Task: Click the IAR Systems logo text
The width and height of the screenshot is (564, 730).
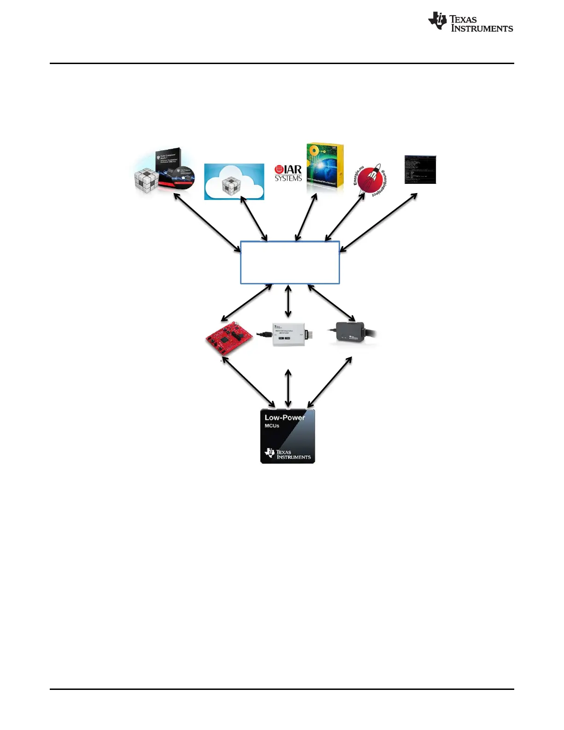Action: (x=288, y=173)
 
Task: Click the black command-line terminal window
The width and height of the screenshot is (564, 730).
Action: (x=420, y=170)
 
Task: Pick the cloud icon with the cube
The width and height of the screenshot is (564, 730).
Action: (x=234, y=182)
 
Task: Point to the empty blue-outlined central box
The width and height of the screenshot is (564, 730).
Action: (x=290, y=262)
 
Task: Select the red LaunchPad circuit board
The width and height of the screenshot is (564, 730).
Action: (x=229, y=339)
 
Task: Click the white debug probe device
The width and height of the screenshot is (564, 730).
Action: (x=288, y=334)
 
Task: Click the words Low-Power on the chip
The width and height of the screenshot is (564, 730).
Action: (x=284, y=418)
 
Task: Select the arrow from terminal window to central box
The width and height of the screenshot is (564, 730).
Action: (x=378, y=222)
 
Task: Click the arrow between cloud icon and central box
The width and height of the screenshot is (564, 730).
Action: (x=254, y=219)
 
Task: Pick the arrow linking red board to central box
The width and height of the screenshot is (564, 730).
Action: (x=247, y=303)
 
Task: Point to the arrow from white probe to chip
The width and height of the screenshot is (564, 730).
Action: (x=288, y=388)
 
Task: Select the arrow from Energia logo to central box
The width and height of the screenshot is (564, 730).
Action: (x=345, y=217)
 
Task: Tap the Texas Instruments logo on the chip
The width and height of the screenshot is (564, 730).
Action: (x=288, y=454)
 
